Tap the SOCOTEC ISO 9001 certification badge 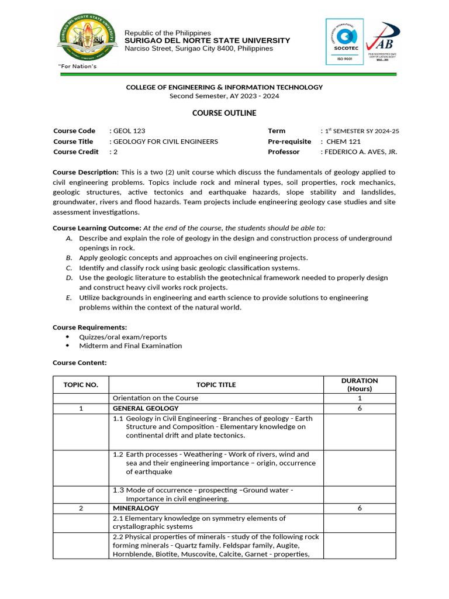click(344, 42)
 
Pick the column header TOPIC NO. click(81, 384)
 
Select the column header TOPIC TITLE click(216, 384)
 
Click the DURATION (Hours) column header click(360, 384)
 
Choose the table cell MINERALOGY click(132, 508)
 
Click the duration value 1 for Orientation click(360, 398)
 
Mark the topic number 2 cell click(81, 508)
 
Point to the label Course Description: click(86, 172)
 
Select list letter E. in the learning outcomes click(69, 298)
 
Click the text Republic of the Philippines click(168, 33)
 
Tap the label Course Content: click(80, 363)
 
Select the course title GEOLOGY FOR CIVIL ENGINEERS click(165, 142)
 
